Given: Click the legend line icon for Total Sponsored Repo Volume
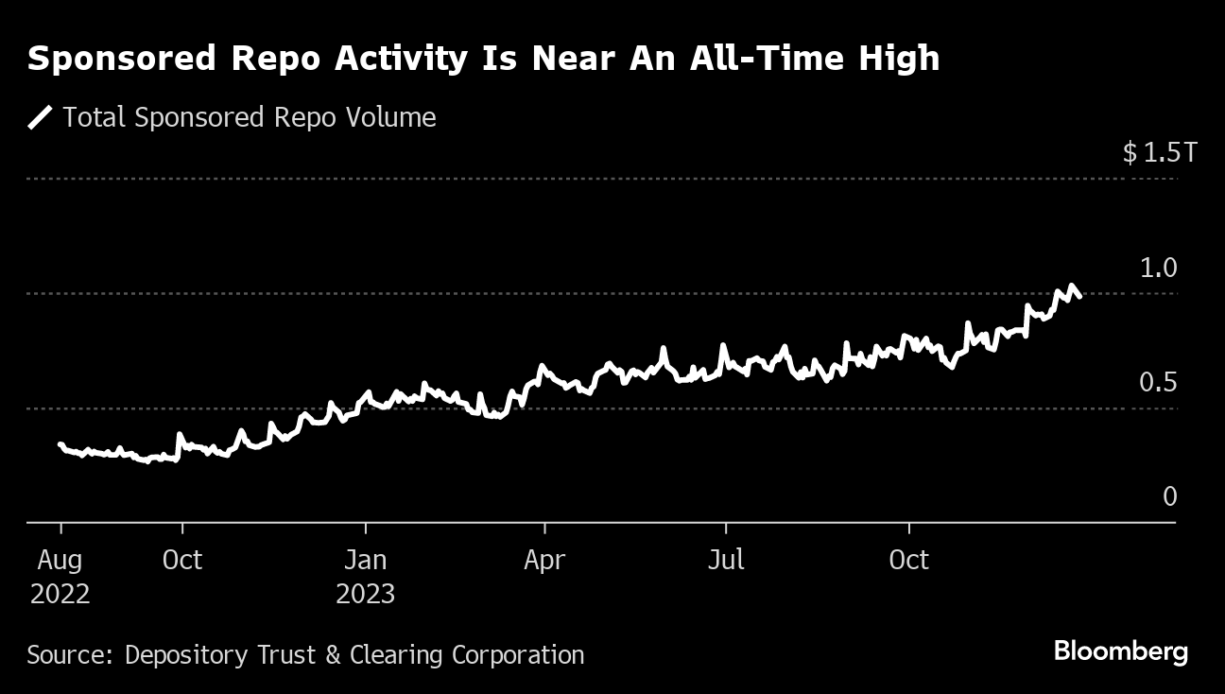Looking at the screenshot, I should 41,117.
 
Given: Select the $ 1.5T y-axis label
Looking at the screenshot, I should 1159,151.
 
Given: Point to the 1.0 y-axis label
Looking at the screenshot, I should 1159,268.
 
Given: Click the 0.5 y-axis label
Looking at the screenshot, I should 1159,382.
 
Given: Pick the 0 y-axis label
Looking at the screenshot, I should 1170,496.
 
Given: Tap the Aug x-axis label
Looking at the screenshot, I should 60,560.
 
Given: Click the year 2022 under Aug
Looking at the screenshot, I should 60,595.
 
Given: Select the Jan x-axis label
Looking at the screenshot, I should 365,560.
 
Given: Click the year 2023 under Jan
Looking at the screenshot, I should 365,595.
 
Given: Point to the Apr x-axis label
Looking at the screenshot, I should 544,560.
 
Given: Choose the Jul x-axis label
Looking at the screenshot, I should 726,560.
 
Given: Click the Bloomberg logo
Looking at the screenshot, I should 1120,651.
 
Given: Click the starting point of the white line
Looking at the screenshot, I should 60,444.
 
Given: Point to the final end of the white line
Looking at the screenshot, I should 1079,297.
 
